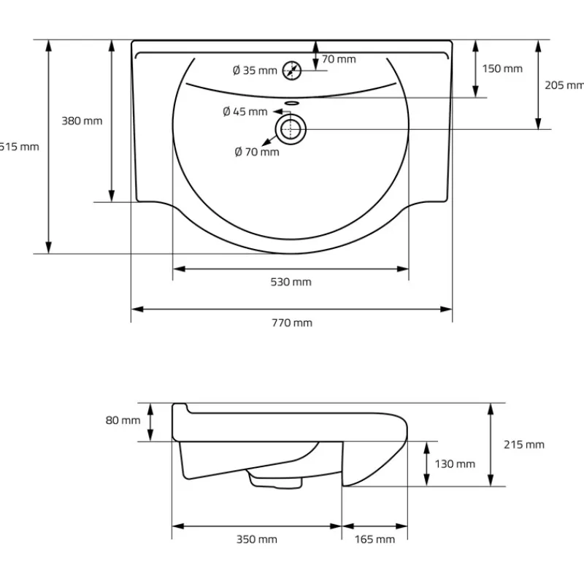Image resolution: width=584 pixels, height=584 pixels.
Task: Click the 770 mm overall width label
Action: (292, 323)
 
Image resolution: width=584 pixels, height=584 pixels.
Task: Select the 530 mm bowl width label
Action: (291, 282)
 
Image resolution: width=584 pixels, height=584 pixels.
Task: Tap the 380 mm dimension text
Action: (81, 120)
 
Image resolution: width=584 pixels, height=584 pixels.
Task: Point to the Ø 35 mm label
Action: (255, 70)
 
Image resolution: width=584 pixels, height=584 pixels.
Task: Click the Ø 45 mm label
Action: (245, 112)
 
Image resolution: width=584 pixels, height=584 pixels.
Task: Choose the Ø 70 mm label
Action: (256, 152)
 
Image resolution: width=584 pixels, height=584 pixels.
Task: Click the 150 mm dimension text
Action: (502, 69)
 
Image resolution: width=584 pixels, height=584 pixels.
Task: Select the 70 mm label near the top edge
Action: (339, 59)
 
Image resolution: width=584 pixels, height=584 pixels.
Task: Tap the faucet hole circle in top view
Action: (293, 70)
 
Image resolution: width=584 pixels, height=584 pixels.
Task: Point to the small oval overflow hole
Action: (292, 104)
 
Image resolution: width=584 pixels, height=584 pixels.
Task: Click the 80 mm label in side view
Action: (122, 420)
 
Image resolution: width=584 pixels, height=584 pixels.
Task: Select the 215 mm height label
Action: (524, 444)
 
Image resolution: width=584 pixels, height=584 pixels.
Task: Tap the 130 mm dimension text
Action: (454, 464)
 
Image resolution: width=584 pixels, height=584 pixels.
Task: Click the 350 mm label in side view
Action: (257, 539)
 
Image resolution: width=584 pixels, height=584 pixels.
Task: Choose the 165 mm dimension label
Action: (374, 539)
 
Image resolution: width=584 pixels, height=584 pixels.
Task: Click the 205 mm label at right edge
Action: (564, 85)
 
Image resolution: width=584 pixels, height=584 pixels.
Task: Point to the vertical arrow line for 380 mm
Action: (112, 120)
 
